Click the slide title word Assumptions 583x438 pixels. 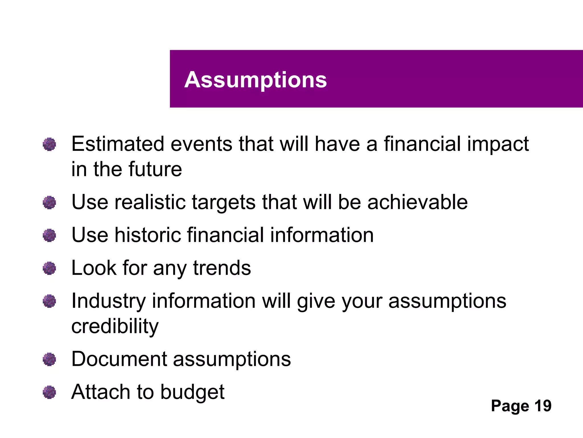[x=255, y=80]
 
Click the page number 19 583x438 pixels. [x=543, y=406]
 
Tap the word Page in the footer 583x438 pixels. [x=510, y=406]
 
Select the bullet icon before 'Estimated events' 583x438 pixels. [x=49, y=144]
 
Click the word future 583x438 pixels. [x=155, y=169]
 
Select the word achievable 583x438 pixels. [x=417, y=202]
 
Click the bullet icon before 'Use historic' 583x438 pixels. [x=49, y=235]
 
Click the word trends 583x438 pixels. [x=222, y=268]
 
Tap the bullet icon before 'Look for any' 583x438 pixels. [x=49, y=268]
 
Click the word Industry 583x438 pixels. [x=108, y=301]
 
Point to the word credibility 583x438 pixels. [x=115, y=327]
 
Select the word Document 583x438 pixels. [x=119, y=359]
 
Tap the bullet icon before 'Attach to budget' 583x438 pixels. [x=49, y=392]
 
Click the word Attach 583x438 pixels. [x=101, y=392]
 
